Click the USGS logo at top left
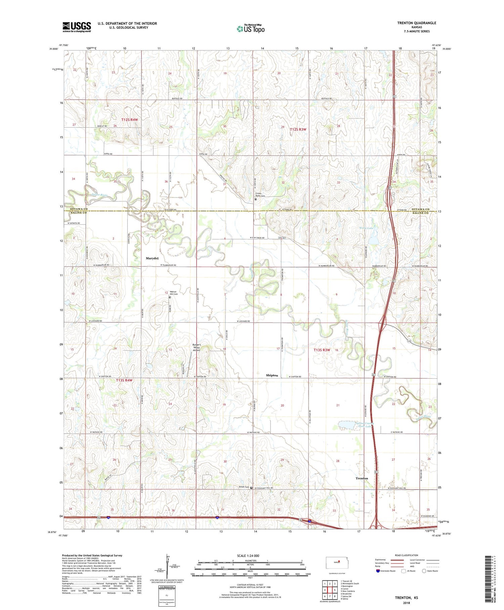(77, 27)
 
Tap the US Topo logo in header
(250, 29)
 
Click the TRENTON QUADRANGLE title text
(417, 23)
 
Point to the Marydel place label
(152, 258)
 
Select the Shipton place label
(272, 375)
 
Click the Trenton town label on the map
(362, 478)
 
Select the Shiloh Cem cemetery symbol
(251, 487)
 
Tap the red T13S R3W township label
(322, 350)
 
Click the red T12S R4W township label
(130, 119)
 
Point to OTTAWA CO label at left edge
(79, 209)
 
